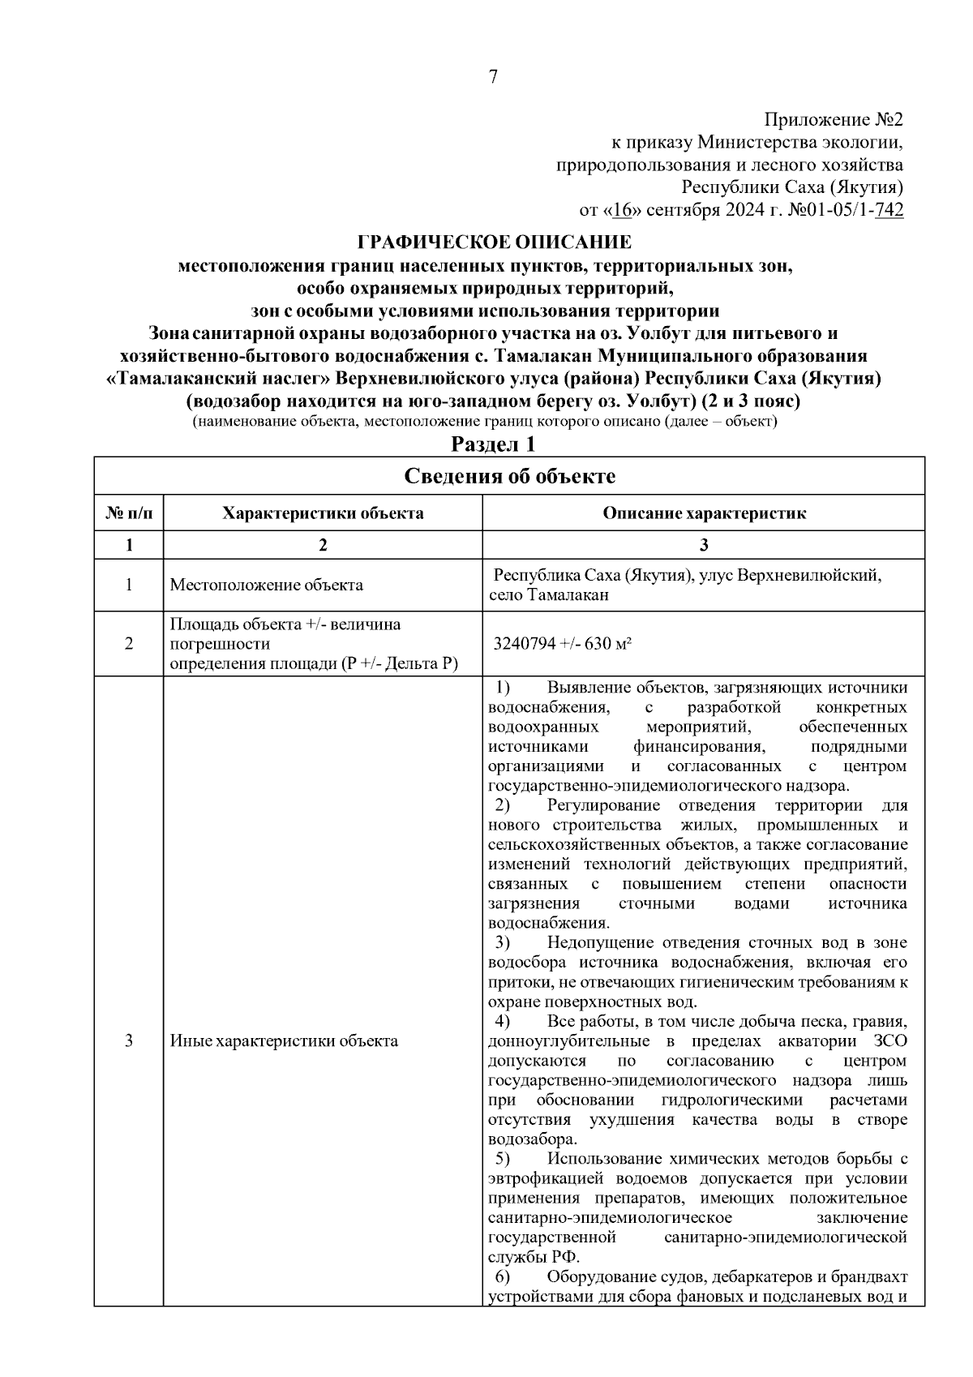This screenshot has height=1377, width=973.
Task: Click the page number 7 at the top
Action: [493, 77]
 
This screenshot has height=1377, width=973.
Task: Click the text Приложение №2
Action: [834, 121]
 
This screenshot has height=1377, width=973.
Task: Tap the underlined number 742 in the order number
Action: [889, 211]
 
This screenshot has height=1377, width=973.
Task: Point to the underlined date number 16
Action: [622, 211]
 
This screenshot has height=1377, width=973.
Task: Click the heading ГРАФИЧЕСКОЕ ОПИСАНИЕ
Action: [495, 242]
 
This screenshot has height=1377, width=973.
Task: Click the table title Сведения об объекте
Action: [509, 476]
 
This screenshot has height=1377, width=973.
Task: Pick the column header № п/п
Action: [129, 513]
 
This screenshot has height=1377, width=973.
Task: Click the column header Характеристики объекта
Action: [323, 513]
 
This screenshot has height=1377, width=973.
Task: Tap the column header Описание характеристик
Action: [703, 513]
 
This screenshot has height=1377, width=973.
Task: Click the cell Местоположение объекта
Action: [266, 585]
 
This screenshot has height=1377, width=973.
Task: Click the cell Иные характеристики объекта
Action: [284, 1040]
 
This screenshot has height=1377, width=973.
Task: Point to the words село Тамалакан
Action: [549, 595]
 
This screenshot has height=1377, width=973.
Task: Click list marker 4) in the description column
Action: [503, 1021]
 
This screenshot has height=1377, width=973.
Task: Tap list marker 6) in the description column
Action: [503, 1277]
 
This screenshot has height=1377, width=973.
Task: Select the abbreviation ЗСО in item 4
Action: [890, 1040]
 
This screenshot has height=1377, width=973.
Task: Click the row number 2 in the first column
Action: [129, 644]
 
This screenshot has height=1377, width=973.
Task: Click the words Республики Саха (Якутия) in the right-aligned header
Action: [792, 188]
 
